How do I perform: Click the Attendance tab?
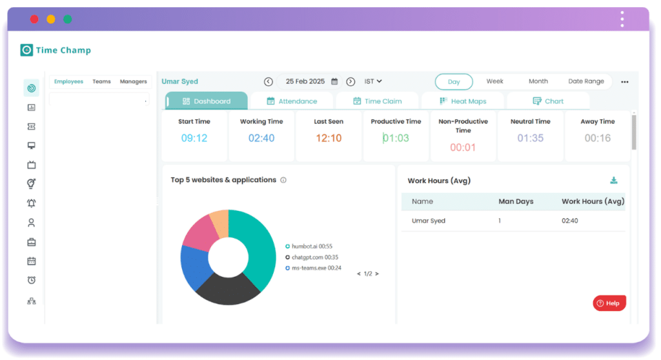(292, 101)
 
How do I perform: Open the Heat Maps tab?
(463, 101)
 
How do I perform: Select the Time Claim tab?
(378, 101)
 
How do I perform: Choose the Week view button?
(495, 81)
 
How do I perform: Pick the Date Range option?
(586, 81)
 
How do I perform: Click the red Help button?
(609, 303)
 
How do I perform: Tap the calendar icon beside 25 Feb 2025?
(334, 82)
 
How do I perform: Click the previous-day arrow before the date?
(269, 82)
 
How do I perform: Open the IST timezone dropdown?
(373, 81)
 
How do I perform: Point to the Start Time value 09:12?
(194, 138)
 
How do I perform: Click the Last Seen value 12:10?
(329, 138)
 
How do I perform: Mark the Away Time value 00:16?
(598, 138)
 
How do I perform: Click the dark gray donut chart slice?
(226, 290)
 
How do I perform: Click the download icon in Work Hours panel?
(614, 181)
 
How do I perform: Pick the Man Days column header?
(516, 201)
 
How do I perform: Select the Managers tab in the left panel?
(134, 82)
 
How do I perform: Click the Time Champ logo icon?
(26, 50)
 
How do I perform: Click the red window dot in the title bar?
(34, 19)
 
